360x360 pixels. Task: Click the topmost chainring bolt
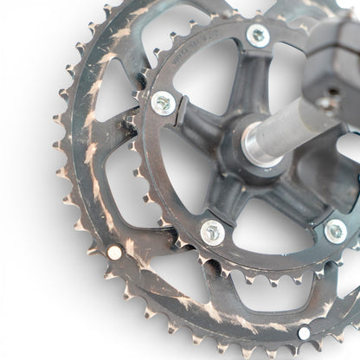(x=257, y=35)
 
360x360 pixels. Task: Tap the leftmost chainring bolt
(x=163, y=103)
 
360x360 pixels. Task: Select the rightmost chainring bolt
(x=335, y=230)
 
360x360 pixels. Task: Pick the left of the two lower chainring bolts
(x=212, y=231)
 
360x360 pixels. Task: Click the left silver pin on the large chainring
(x=115, y=252)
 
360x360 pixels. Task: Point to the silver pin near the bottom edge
(x=304, y=333)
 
